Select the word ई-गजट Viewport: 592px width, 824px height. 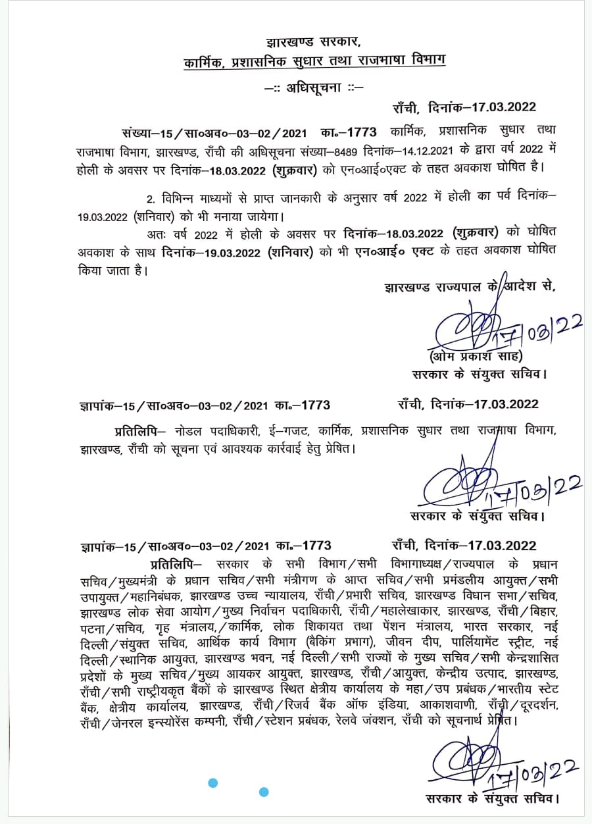point(287,430)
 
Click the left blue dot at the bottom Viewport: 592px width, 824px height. point(212,783)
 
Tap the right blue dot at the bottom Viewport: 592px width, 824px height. point(264,791)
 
